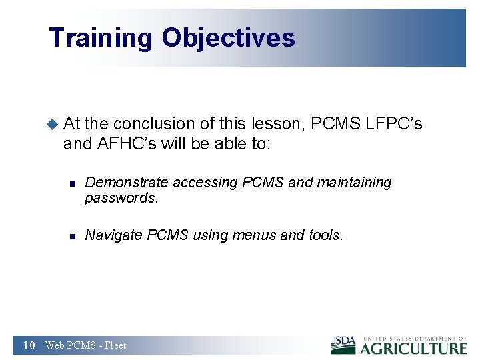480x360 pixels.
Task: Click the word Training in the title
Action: [100, 38]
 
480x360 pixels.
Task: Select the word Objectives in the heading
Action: [228, 38]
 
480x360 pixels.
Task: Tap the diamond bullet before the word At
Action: [53, 124]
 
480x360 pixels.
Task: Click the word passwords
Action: [122, 198]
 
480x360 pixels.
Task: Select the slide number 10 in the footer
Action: [29, 345]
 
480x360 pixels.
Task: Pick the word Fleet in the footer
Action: [115, 345]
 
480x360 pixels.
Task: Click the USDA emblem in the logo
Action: [343, 345]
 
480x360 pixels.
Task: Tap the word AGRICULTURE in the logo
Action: [414, 348]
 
